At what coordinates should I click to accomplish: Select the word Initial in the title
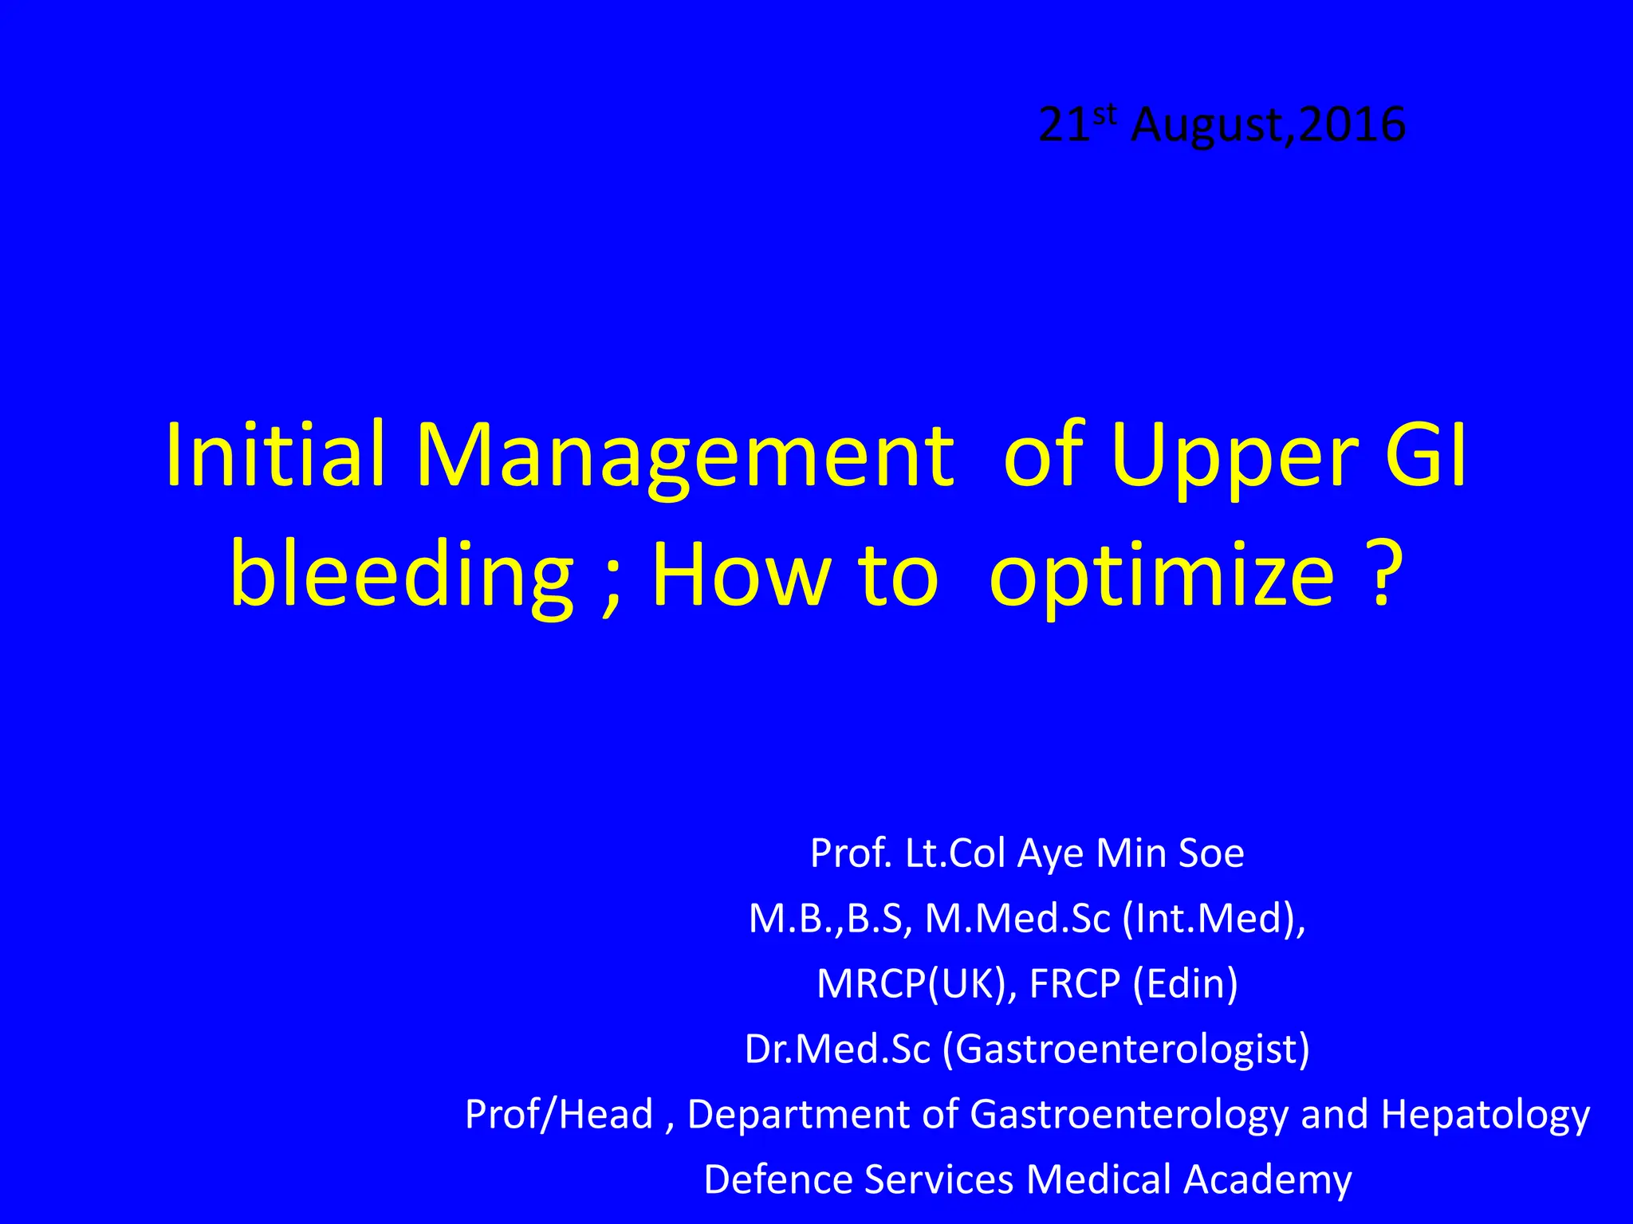[275, 455]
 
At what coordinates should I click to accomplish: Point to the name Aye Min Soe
[1131, 853]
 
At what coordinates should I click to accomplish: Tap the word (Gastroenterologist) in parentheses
[1127, 1049]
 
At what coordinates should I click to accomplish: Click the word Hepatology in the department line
[1485, 1115]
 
